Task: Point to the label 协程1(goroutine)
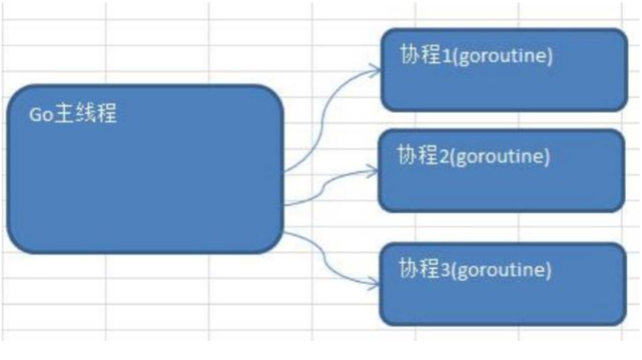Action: (x=476, y=58)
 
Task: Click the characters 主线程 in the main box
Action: (x=85, y=114)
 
